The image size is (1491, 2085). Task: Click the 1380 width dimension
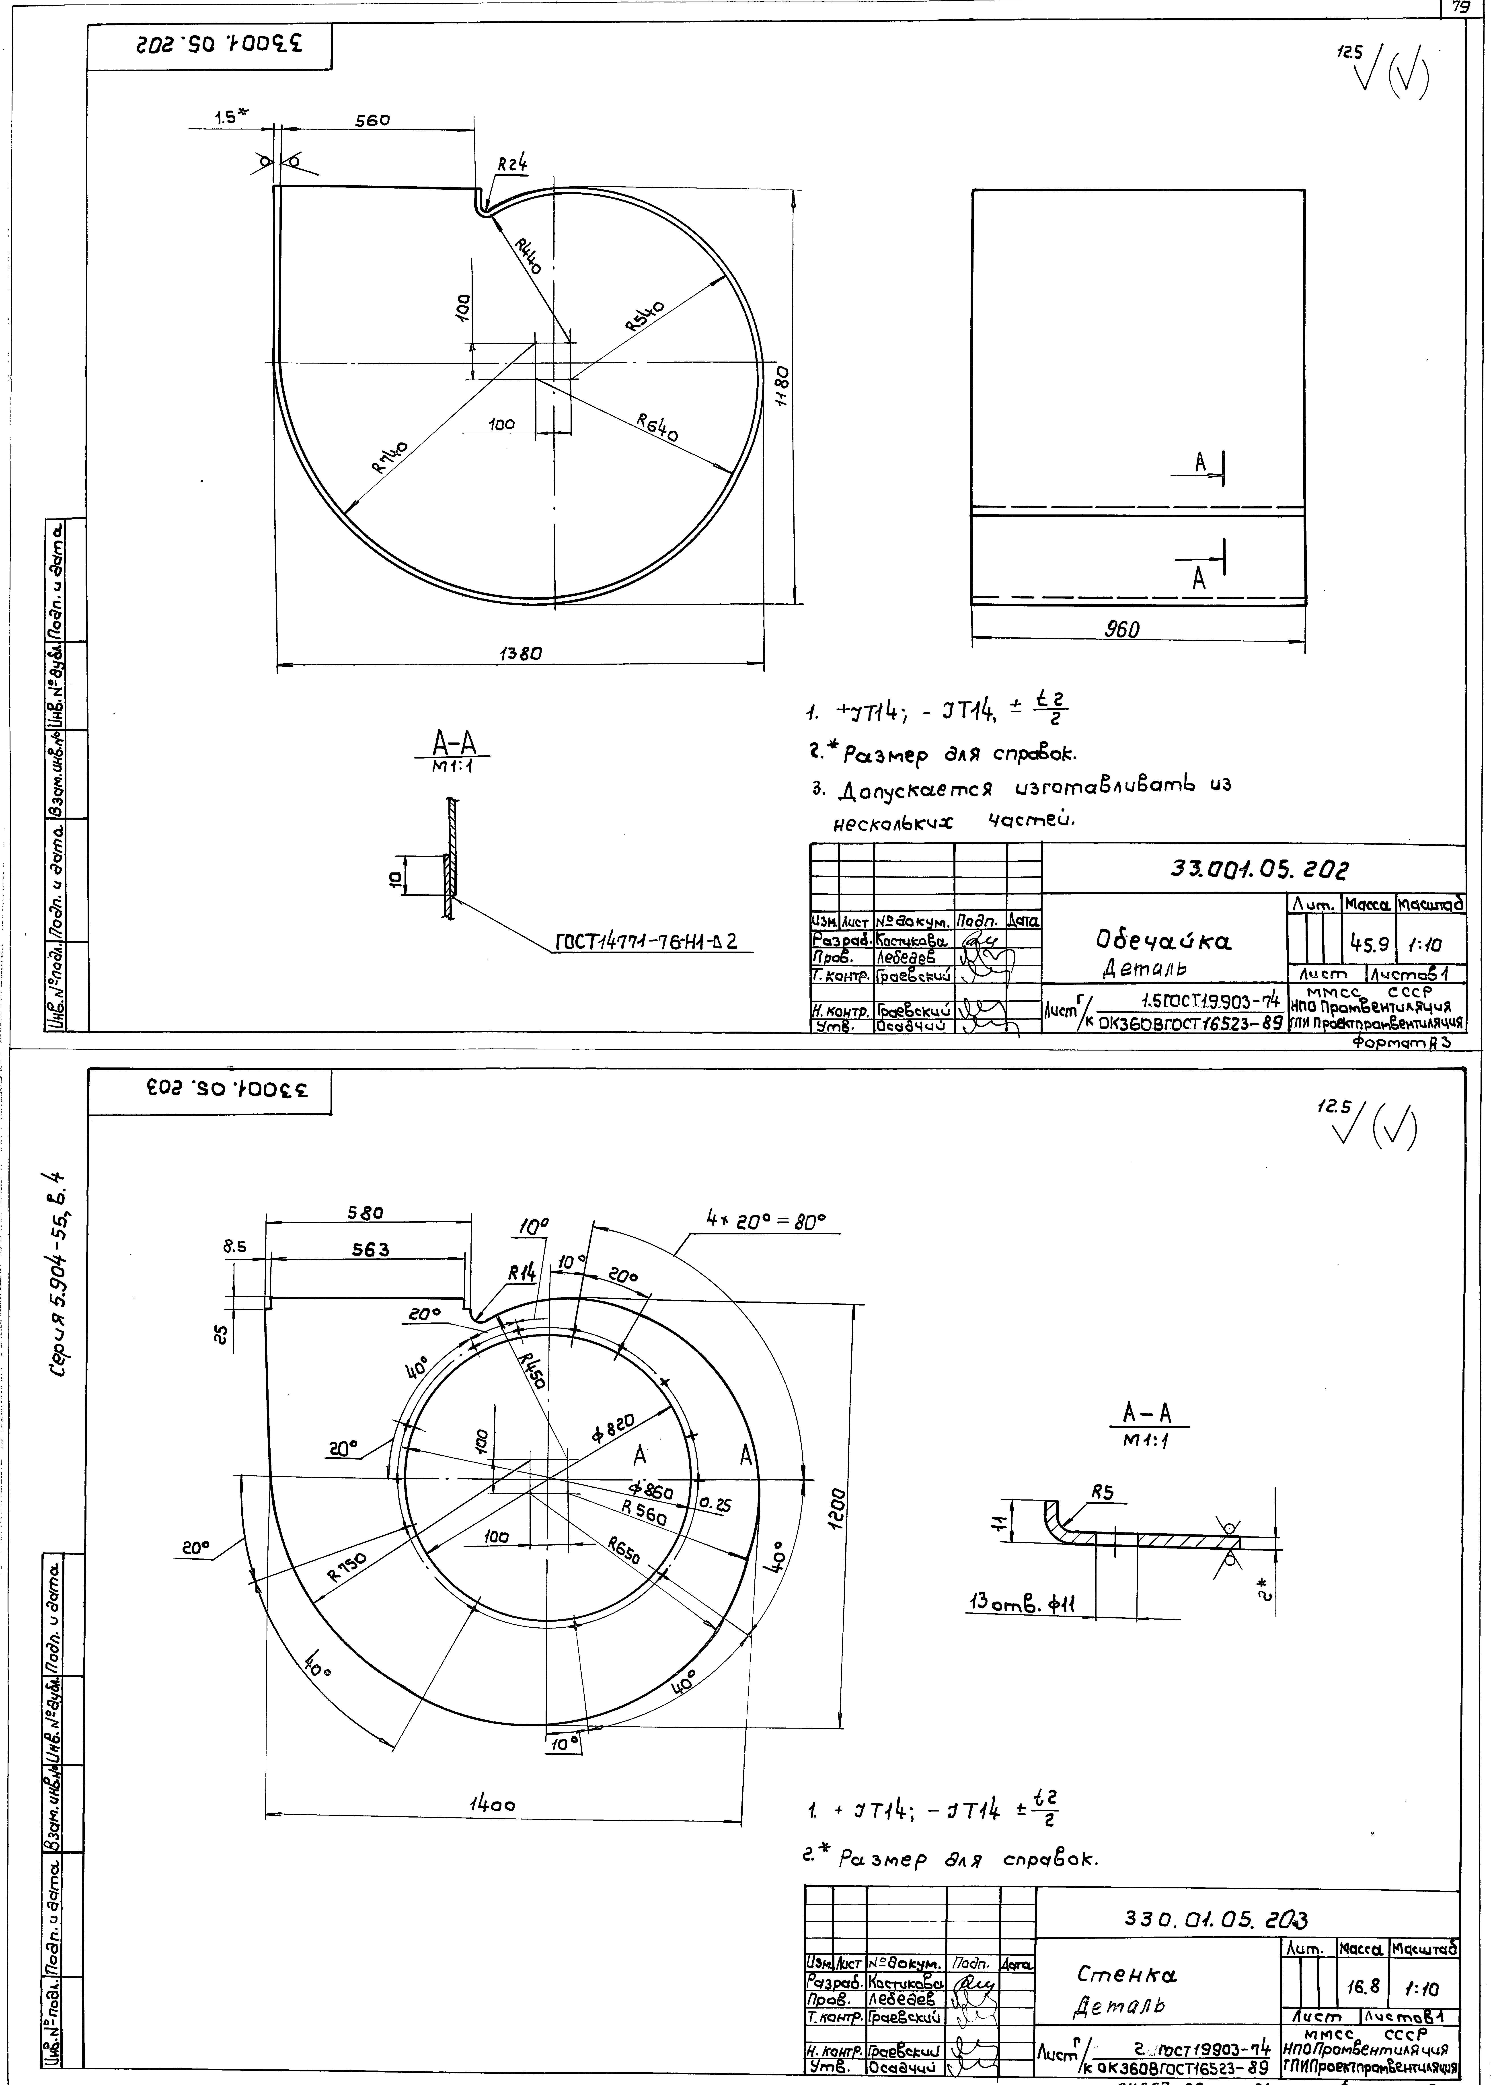tap(521, 654)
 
